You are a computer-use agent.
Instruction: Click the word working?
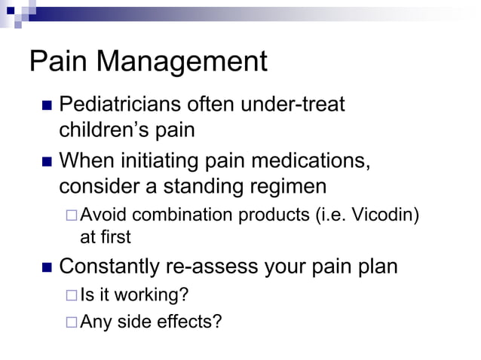tap(154, 296)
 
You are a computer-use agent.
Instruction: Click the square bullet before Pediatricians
tap(44, 105)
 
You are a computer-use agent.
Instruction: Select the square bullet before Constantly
tap(44, 267)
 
